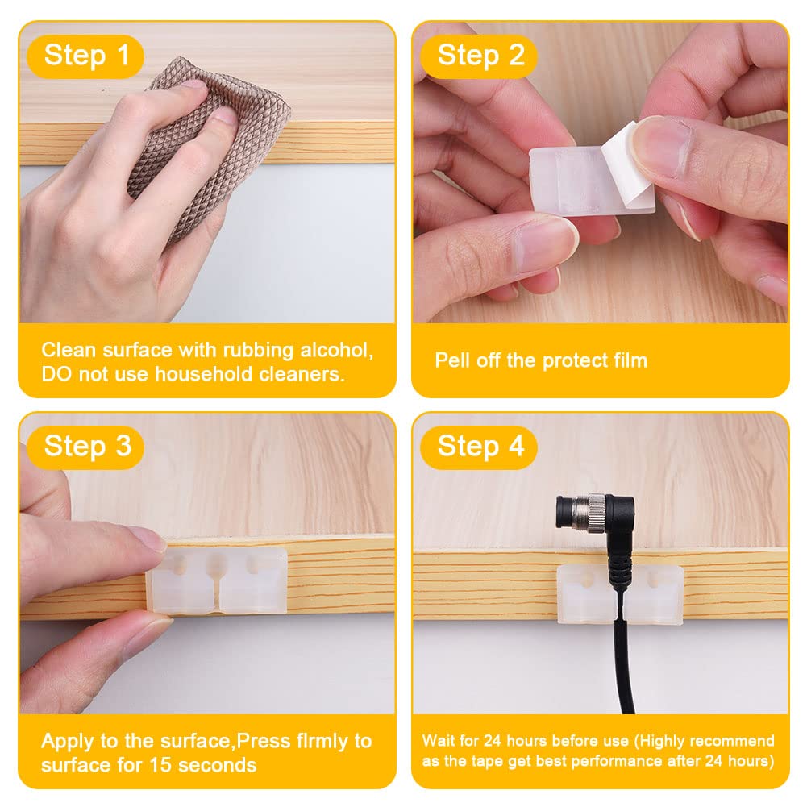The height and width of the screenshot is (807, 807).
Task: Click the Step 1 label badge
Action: point(85,56)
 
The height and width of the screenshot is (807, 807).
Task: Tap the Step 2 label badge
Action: point(479,56)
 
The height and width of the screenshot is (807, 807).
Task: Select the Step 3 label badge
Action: point(85,447)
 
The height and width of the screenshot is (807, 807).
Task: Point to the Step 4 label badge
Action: point(479,447)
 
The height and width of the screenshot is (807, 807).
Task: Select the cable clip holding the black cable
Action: point(621,594)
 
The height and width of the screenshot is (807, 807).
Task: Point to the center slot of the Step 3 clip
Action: point(217,587)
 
